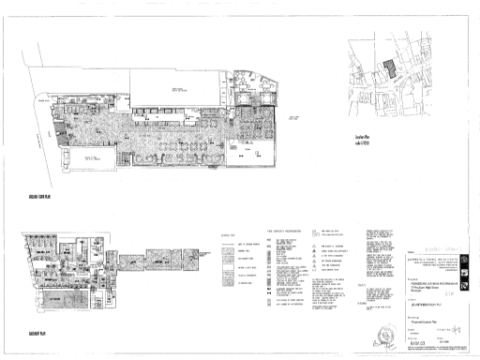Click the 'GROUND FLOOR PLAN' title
point(41,198)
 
